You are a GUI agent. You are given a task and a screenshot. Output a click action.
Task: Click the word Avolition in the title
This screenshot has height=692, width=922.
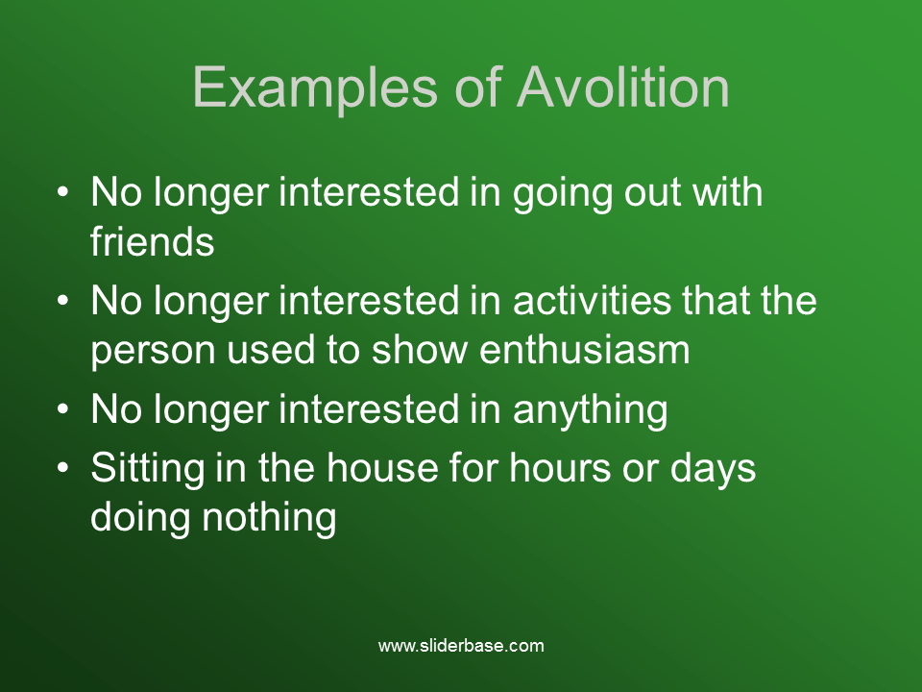623,88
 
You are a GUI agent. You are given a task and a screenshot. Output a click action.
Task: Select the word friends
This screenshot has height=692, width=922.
152,242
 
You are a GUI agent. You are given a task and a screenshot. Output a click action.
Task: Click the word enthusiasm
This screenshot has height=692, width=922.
585,350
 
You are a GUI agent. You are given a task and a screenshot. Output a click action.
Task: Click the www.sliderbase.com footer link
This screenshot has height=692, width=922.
461,646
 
